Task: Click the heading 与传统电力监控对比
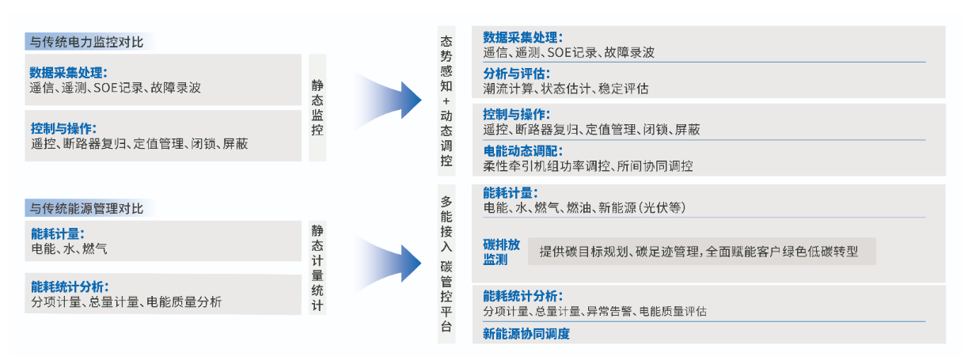coord(86,42)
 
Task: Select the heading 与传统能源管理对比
coord(86,209)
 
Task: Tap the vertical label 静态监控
coord(317,108)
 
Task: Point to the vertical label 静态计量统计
coord(317,268)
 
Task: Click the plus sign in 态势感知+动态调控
coord(446,101)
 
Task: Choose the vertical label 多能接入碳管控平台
coord(446,263)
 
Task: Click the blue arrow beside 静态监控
coord(388,100)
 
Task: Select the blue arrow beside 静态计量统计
coord(388,263)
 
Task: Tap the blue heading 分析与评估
coord(516,74)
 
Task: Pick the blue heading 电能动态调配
coord(523,151)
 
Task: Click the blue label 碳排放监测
coord(501,252)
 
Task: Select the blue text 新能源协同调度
coord(526,334)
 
